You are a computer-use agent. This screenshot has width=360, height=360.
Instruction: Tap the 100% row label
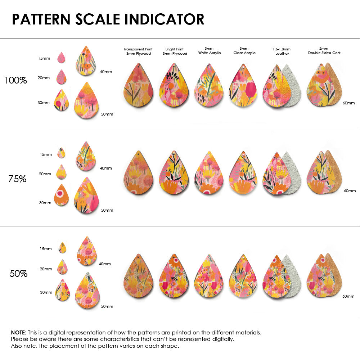[15, 81]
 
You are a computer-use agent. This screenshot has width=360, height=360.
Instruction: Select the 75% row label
[17, 179]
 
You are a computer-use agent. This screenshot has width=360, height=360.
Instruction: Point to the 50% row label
[18, 274]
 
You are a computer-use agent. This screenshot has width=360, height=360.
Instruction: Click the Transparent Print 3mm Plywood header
[138, 51]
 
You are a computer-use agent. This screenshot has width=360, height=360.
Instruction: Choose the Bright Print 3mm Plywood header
[175, 51]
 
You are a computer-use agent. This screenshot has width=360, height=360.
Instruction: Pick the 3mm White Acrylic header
[209, 50]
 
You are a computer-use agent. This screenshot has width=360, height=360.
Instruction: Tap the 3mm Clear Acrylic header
[244, 50]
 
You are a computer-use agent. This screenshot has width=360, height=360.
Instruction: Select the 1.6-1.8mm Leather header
[282, 51]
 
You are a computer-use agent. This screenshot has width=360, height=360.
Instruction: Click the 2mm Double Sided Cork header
[324, 50]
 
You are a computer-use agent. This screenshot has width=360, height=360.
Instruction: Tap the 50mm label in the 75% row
[107, 210]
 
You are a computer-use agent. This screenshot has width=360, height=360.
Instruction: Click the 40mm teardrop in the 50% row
[87, 251]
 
